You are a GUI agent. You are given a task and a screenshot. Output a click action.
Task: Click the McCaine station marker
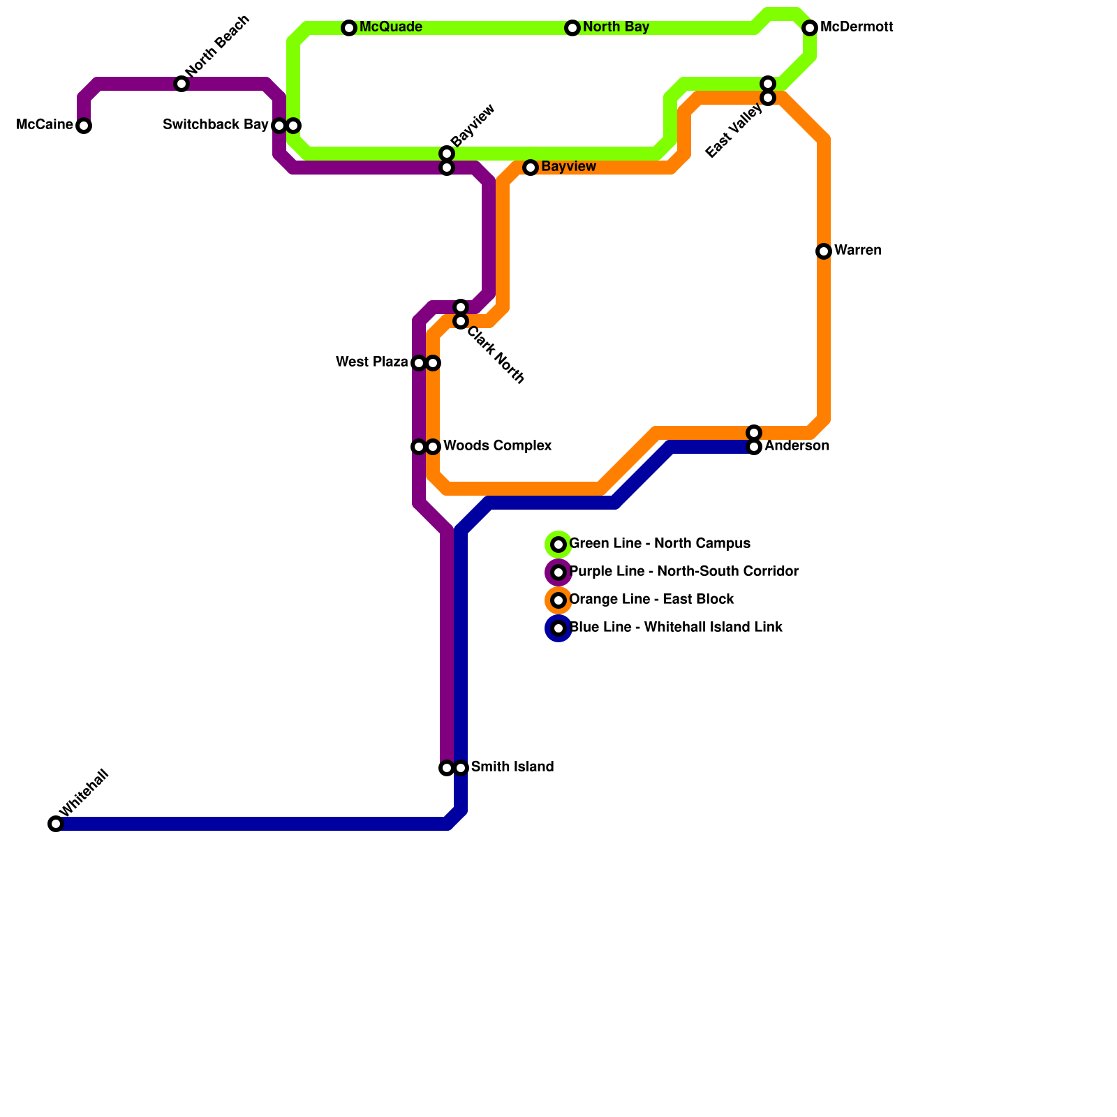(84, 126)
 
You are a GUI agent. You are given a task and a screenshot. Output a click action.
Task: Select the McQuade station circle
(349, 28)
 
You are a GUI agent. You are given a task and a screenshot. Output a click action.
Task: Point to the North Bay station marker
(572, 28)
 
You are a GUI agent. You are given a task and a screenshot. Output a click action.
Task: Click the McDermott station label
(857, 28)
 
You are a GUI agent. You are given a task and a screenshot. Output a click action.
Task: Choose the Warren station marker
(824, 251)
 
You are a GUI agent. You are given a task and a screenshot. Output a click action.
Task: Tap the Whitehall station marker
(56, 824)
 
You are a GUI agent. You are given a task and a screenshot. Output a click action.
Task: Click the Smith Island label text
(512, 767)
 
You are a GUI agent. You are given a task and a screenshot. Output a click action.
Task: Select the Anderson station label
(797, 446)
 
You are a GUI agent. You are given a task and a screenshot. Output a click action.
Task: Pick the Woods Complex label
(498, 446)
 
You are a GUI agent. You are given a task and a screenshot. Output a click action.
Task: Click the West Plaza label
(372, 362)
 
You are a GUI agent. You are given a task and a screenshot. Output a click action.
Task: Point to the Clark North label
(496, 355)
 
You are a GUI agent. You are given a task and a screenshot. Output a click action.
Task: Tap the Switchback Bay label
(216, 125)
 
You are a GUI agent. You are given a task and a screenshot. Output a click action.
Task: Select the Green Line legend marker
(558, 545)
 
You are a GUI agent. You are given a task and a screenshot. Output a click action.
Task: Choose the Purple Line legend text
(684, 572)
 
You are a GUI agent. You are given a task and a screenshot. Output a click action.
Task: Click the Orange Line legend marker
(558, 600)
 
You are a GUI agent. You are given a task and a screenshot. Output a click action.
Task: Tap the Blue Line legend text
(676, 628)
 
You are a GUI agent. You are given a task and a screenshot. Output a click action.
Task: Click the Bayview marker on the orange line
(531, 168)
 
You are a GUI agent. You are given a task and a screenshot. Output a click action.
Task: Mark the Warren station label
(858, 251)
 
